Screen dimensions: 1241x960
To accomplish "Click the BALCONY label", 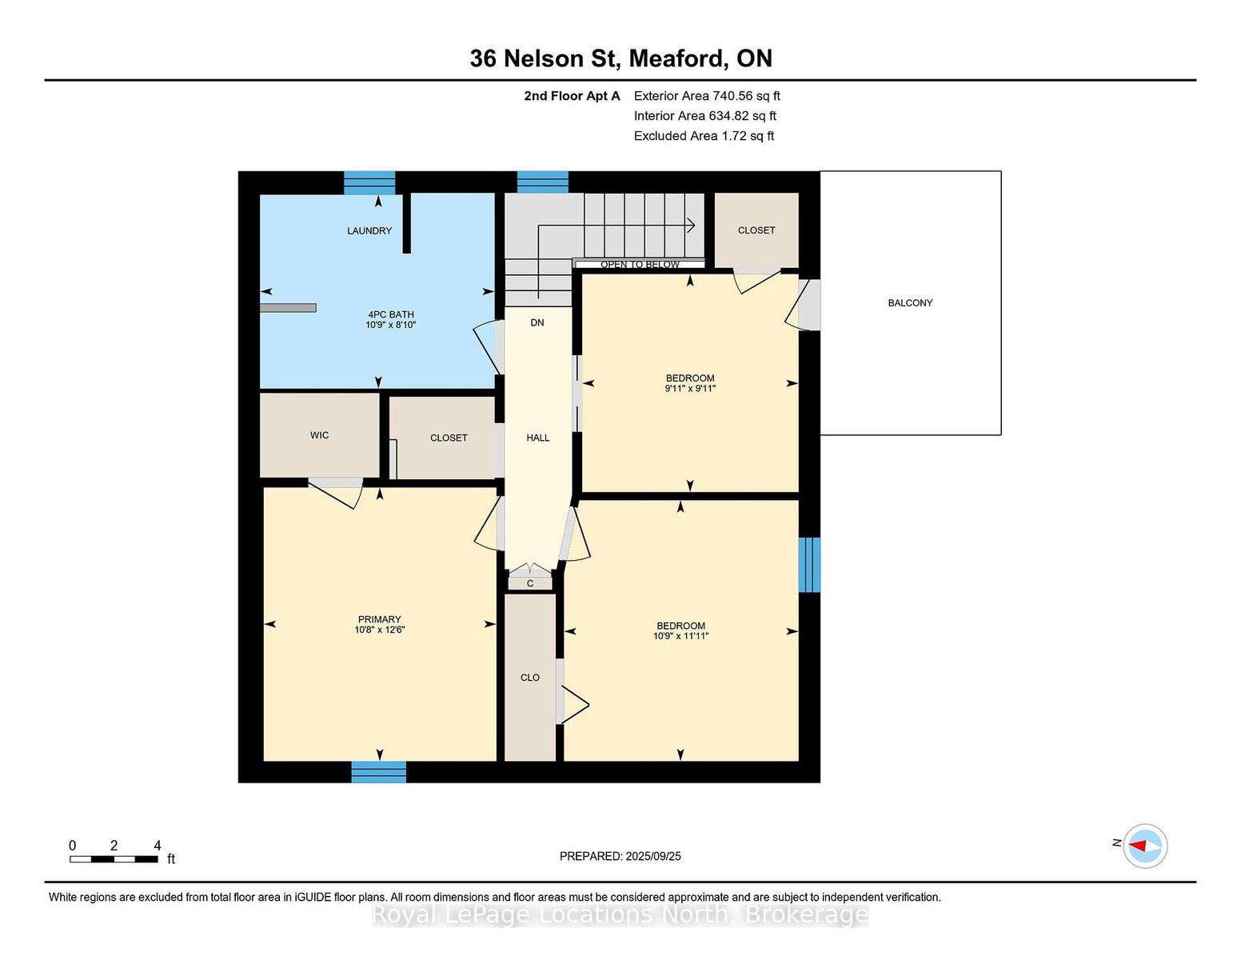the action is click(910, 303).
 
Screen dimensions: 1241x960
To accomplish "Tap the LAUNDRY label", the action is click(369, 230).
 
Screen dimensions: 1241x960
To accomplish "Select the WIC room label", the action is click(319, 435).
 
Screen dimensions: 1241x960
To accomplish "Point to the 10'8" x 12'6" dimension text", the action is click(380, 630).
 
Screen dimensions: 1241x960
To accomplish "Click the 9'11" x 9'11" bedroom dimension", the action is click(690, 388).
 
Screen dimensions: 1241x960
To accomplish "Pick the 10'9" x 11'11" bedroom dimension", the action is click(680, 636).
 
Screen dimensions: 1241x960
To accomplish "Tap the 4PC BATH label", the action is click(391, 314).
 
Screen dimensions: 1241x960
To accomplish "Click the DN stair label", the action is click(537, 322).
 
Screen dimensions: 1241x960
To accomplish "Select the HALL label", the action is click(538, 438).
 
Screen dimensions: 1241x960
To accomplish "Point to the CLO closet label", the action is click(530, 678).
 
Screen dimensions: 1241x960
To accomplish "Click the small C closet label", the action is click(530, 584).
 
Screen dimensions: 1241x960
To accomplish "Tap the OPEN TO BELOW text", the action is click(640, 265).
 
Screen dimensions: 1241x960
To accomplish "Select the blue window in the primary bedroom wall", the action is click(379, 772).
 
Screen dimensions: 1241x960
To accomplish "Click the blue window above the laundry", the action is click(369, 182).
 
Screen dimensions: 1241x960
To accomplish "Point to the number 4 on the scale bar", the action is click(157, 846).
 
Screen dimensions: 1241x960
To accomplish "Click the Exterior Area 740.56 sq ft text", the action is click(707, 96).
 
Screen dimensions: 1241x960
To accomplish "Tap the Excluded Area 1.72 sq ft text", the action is click(704, 136).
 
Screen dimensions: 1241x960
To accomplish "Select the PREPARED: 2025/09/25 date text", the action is click(620, 857).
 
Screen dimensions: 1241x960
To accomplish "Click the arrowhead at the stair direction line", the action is click(691, 226).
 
